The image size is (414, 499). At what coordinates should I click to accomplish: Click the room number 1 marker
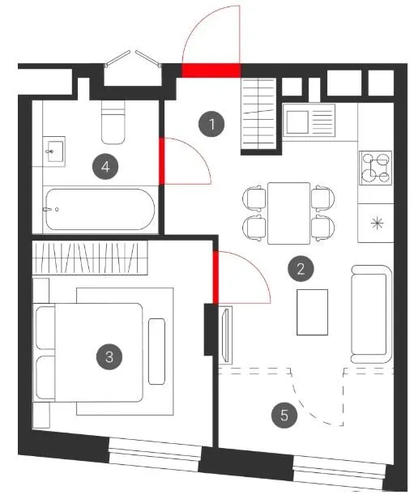pos(211,124)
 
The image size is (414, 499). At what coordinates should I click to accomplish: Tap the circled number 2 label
pos(301,269)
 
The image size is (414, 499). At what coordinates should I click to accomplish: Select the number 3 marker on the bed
pos(109,356)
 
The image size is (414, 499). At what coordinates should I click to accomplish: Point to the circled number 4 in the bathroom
pos(105,166)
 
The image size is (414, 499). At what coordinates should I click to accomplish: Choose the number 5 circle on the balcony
pos(284,415)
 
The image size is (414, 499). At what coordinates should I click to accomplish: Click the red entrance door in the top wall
pos(211,70)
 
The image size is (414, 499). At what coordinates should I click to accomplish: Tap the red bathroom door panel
pos(162,161)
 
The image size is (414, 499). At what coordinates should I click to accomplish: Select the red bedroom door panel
pos(216,278)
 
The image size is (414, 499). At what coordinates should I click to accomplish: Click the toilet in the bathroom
pos(113,122)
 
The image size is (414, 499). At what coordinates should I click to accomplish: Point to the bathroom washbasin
pos(54,151)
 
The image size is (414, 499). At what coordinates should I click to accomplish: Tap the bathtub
pos(100,209)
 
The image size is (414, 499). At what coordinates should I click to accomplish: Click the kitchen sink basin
pos(298,122)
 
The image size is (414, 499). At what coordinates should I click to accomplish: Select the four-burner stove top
pos(375,168)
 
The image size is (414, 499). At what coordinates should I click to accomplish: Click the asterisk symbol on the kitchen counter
pos(377,223)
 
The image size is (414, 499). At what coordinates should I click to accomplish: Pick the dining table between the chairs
pos(288,213)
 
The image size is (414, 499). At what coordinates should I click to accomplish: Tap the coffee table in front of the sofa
pos(312,312)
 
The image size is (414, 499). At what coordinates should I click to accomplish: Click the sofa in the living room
pos(371,314)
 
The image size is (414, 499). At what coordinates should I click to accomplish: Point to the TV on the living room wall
pos(227,334)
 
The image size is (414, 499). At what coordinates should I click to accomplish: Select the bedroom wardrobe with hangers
pos(90,258)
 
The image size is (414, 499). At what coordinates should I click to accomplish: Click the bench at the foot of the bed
pos(156,352)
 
